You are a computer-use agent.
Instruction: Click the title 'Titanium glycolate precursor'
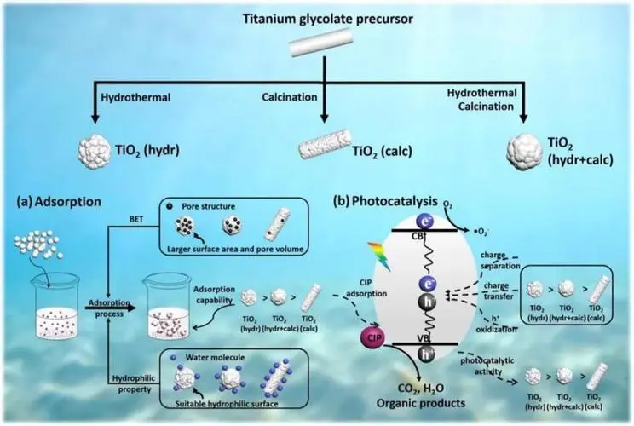pyautogui.click(x=317, y=19)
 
